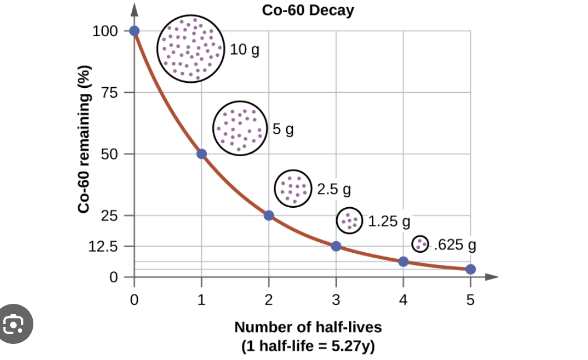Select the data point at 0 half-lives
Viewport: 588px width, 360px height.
(x=134, y=31)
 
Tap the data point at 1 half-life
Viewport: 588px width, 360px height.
(x=202, y=154)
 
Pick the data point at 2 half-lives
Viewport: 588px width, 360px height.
(x=269, y=216)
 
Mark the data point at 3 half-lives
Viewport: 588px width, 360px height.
(x=336, y=246)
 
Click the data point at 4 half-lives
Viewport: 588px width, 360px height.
(x=403, y=261)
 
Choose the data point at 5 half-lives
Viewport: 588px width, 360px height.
(x=471, y=269)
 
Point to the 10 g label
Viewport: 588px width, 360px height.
(x=245, y=50)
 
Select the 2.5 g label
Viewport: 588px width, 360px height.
(x=334, y=189)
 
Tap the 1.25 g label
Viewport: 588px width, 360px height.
(x=389, y=222)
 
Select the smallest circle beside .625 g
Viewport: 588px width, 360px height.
(x=420, y=243)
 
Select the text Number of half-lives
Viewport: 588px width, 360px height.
(x=308, y=327)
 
